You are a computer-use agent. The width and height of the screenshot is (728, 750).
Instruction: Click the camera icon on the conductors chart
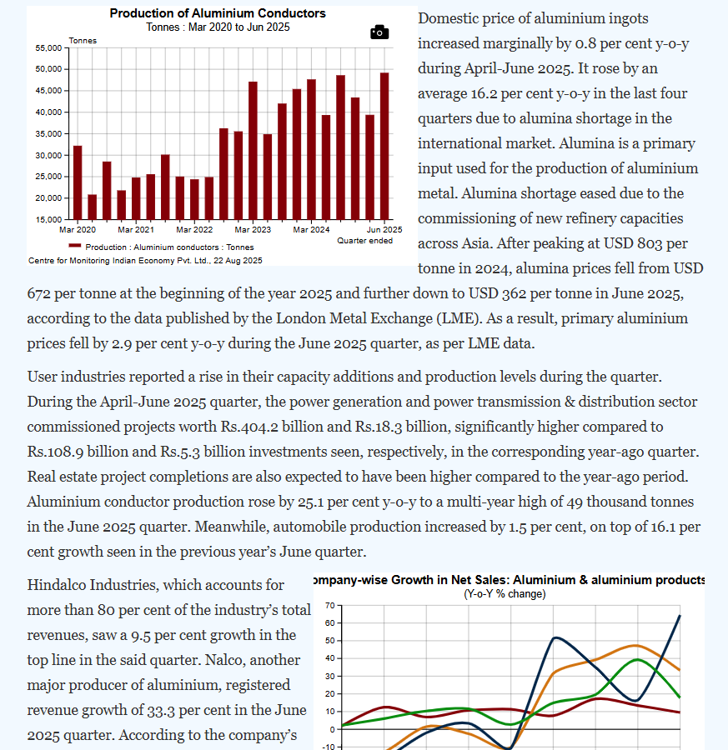(379, 32)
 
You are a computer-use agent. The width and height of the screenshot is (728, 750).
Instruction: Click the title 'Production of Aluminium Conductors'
(218, 13)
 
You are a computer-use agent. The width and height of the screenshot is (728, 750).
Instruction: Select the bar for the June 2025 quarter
(384, 146)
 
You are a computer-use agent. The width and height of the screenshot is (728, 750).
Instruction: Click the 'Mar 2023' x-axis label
(253, 229)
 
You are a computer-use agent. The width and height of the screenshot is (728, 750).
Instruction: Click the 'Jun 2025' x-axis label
(385, 229)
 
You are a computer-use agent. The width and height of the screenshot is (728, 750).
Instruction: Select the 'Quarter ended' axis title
(364, 241)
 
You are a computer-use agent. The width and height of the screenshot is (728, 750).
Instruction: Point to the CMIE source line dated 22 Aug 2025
(145, 261)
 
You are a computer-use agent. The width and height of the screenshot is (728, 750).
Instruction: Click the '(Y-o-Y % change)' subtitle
(505, 594)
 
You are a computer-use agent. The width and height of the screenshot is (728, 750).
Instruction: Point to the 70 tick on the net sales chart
(330, 605)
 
